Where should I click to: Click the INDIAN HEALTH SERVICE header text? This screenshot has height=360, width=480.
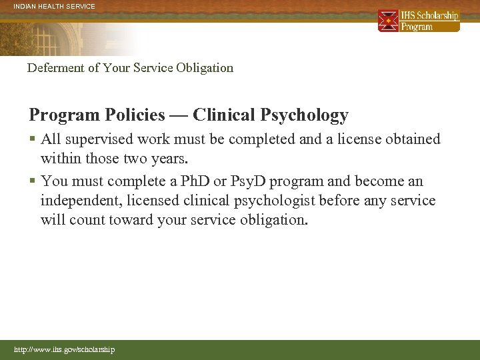click(x=54, y=6)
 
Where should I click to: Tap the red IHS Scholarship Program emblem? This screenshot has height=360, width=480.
click(x=388, y=21)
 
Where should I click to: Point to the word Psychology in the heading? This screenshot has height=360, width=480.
click(x=304, y=115)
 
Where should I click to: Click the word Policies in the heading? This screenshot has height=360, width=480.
click(x=135, y=115)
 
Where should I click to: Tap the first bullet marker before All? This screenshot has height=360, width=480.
click(x=33, y=140)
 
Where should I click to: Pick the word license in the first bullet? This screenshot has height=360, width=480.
click(x=355, y=139)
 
